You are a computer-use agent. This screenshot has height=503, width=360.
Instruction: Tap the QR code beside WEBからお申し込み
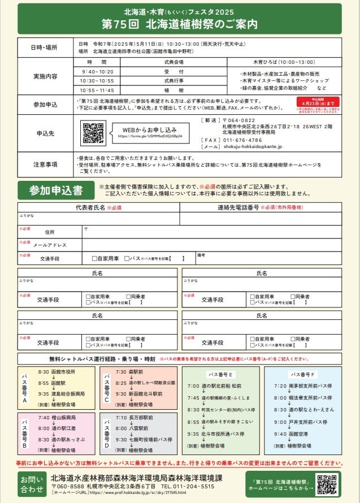point(93,133)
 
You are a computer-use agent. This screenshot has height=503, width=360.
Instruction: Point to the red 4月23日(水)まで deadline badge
point(318,101)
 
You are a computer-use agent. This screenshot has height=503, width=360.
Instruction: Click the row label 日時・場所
point(45,47)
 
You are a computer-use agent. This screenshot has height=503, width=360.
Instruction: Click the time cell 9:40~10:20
point(97,72)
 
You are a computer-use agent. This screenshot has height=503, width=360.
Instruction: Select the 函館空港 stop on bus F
point(300,434)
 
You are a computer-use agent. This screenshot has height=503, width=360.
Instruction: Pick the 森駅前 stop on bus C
point(138,372)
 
